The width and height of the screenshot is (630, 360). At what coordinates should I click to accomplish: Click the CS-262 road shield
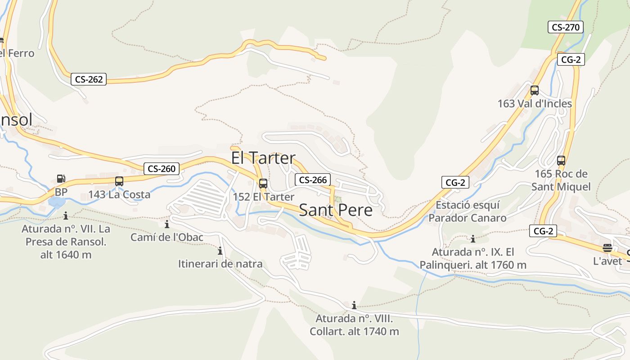tap(89, 80)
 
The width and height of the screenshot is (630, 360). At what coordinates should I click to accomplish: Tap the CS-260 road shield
tap(162, 169)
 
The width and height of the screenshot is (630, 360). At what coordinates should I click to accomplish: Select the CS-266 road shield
tap(313, 180)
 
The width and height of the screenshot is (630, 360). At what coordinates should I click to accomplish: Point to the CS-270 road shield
tap(566, 27)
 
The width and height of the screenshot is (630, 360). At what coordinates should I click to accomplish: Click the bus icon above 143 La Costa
tap(119, 181)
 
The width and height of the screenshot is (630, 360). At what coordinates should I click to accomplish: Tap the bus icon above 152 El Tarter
tap(263, 184)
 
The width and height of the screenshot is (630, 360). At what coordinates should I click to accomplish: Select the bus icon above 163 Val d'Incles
tap(535, 90)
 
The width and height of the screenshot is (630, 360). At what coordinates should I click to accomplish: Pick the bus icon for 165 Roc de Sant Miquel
tap(561, 161)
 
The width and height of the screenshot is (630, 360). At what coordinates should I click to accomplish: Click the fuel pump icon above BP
tap(61, 179)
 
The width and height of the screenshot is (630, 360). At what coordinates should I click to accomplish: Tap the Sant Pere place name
tap(336, 210)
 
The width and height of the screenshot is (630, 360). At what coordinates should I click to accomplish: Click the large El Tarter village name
tap(263, 158)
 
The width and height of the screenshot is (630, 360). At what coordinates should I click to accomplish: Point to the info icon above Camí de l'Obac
tap(167, 224)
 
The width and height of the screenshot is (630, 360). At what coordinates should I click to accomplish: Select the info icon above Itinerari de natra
tap(220, 251)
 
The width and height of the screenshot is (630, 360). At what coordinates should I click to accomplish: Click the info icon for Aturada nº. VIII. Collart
tap(354, 306)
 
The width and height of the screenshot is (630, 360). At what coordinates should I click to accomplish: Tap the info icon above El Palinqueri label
tap(473, 239)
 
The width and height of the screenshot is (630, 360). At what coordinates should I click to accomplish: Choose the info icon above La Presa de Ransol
tap(66, 216)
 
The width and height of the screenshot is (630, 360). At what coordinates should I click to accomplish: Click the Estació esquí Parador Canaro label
tap(468, 212)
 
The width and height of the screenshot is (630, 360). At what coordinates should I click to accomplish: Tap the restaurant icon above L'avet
tap(607, 248)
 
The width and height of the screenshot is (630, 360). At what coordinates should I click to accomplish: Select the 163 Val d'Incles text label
tap(535, 103)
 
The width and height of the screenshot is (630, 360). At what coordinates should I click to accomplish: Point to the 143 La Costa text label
tap(119, 195)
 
